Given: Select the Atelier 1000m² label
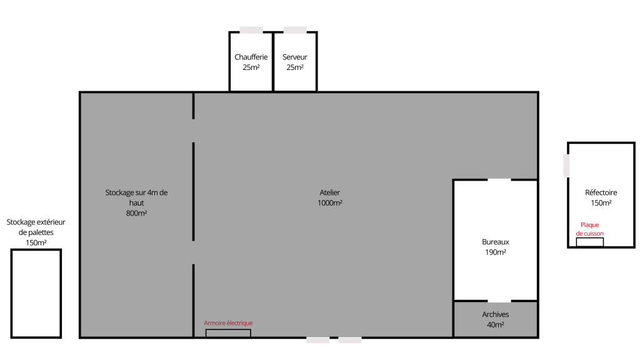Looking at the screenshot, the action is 330,197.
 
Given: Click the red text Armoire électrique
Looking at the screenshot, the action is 228,323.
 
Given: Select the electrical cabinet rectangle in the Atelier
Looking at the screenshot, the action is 228,334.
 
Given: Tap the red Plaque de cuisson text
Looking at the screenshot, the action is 590,229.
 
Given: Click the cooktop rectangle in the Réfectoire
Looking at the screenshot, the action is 590,242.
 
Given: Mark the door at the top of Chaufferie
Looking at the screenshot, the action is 251,30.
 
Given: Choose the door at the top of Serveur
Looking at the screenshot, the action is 295,30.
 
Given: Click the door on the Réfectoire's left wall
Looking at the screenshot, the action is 566,166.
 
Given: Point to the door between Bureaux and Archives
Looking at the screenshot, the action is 499,301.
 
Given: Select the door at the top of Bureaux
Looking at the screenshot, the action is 499,179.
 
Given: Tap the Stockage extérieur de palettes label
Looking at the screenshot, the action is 36,232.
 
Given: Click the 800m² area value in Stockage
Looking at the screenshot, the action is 136,213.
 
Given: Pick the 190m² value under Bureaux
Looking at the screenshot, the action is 496,252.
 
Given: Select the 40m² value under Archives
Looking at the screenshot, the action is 496,324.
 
